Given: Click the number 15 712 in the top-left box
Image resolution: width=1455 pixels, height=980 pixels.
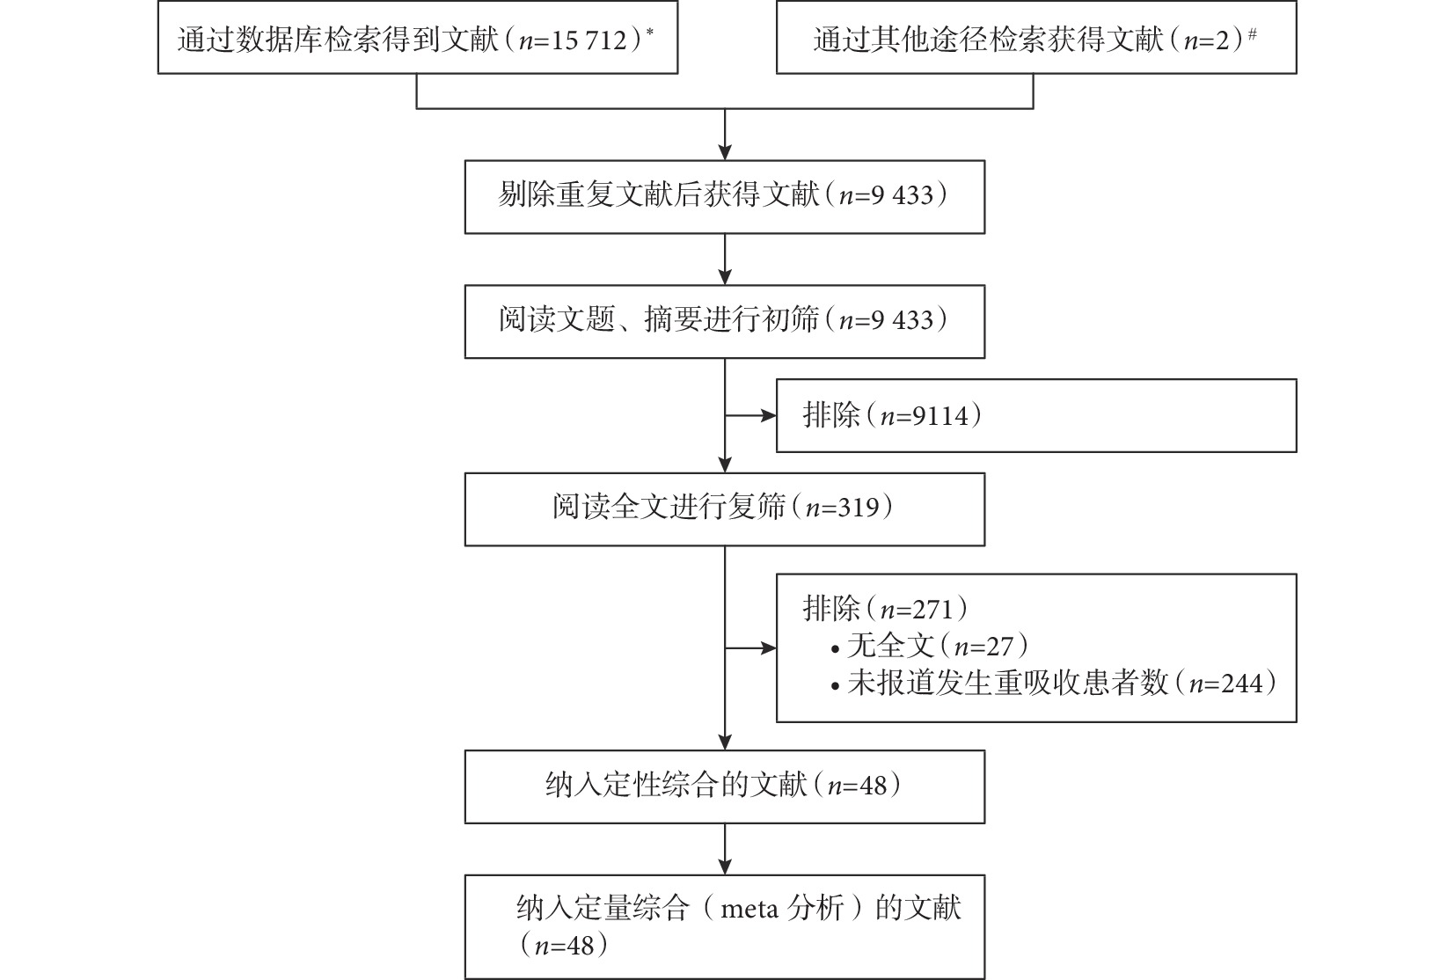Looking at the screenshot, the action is point(589,40).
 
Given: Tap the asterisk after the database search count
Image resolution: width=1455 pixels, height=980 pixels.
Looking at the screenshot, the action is point(649,31).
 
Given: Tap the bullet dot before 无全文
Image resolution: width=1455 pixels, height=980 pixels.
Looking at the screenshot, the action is point(836,648).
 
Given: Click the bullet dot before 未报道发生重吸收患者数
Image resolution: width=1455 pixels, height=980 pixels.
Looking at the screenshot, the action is point(836,686).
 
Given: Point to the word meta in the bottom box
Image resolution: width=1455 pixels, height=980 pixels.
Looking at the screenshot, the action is point(749,908).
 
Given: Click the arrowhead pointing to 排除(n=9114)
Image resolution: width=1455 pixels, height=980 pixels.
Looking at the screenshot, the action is point(769,415).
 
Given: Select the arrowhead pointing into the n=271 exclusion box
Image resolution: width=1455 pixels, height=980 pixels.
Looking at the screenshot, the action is point(769,648).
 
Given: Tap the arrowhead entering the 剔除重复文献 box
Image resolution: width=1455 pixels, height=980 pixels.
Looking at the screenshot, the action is point(725,152).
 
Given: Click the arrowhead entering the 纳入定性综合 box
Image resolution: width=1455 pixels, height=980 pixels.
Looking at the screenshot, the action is point(725,743).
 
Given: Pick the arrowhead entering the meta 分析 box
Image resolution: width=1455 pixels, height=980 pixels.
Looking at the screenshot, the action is point(725,867).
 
